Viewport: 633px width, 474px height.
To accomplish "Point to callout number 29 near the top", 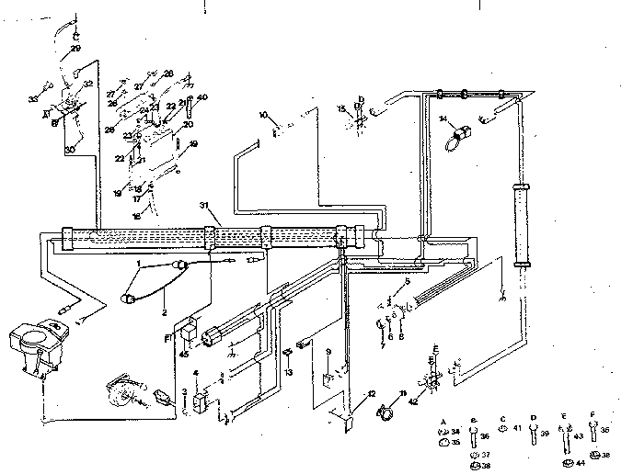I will pos(76,45).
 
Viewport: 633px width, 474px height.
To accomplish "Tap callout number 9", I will pos(328,352).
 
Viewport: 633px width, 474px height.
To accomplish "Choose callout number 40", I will pos(202,97).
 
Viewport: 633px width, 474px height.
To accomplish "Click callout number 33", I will pos(31,98).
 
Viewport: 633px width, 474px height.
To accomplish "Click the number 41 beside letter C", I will pos(517,428).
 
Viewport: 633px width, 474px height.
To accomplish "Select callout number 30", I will pos(69,150).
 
